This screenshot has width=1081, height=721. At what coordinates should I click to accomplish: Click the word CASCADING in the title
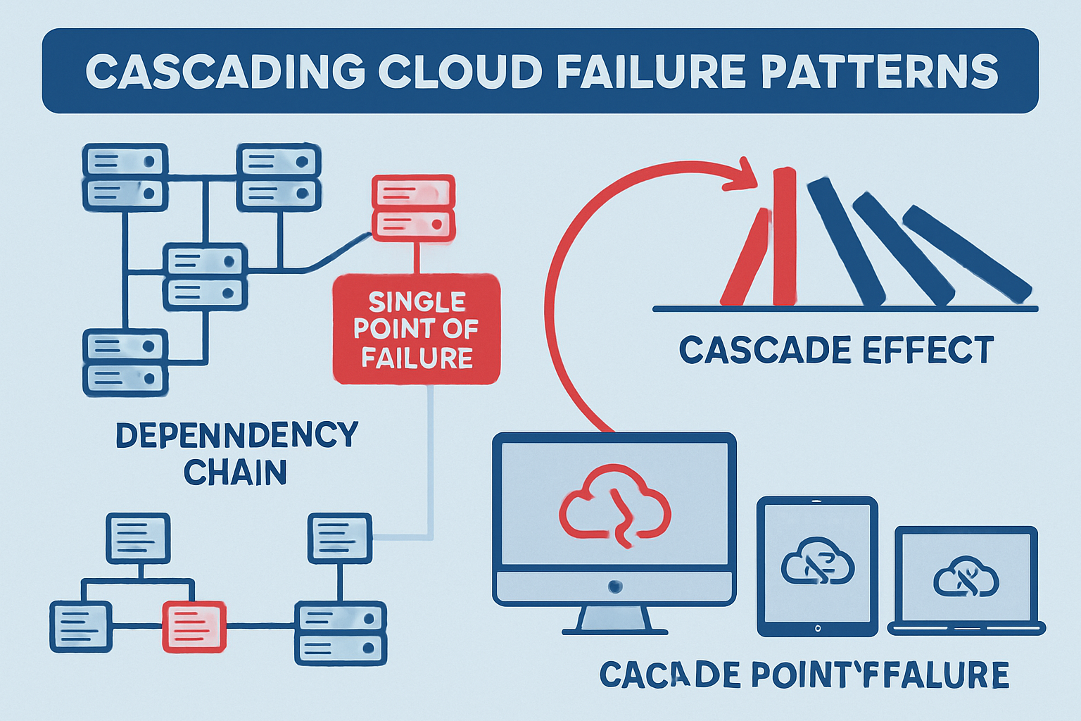224,71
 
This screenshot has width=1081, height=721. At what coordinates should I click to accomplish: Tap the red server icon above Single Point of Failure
413,208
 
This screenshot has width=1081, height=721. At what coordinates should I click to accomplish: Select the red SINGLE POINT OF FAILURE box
417,330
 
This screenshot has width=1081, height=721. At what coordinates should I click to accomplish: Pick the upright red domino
784,237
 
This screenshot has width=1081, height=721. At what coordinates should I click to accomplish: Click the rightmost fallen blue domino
967,253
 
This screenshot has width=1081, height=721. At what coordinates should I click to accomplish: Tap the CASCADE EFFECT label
836,350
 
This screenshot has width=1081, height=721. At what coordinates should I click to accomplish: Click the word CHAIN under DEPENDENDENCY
235,472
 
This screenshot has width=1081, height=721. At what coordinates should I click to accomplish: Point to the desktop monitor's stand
614,620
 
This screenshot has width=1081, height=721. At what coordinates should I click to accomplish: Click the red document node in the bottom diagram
194,626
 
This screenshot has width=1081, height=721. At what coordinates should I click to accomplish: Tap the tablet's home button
817,627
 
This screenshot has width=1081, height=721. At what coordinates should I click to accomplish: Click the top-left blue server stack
125,177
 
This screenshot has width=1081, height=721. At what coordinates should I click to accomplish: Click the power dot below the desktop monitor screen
615,586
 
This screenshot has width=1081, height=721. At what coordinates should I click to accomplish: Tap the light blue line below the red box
430,458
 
